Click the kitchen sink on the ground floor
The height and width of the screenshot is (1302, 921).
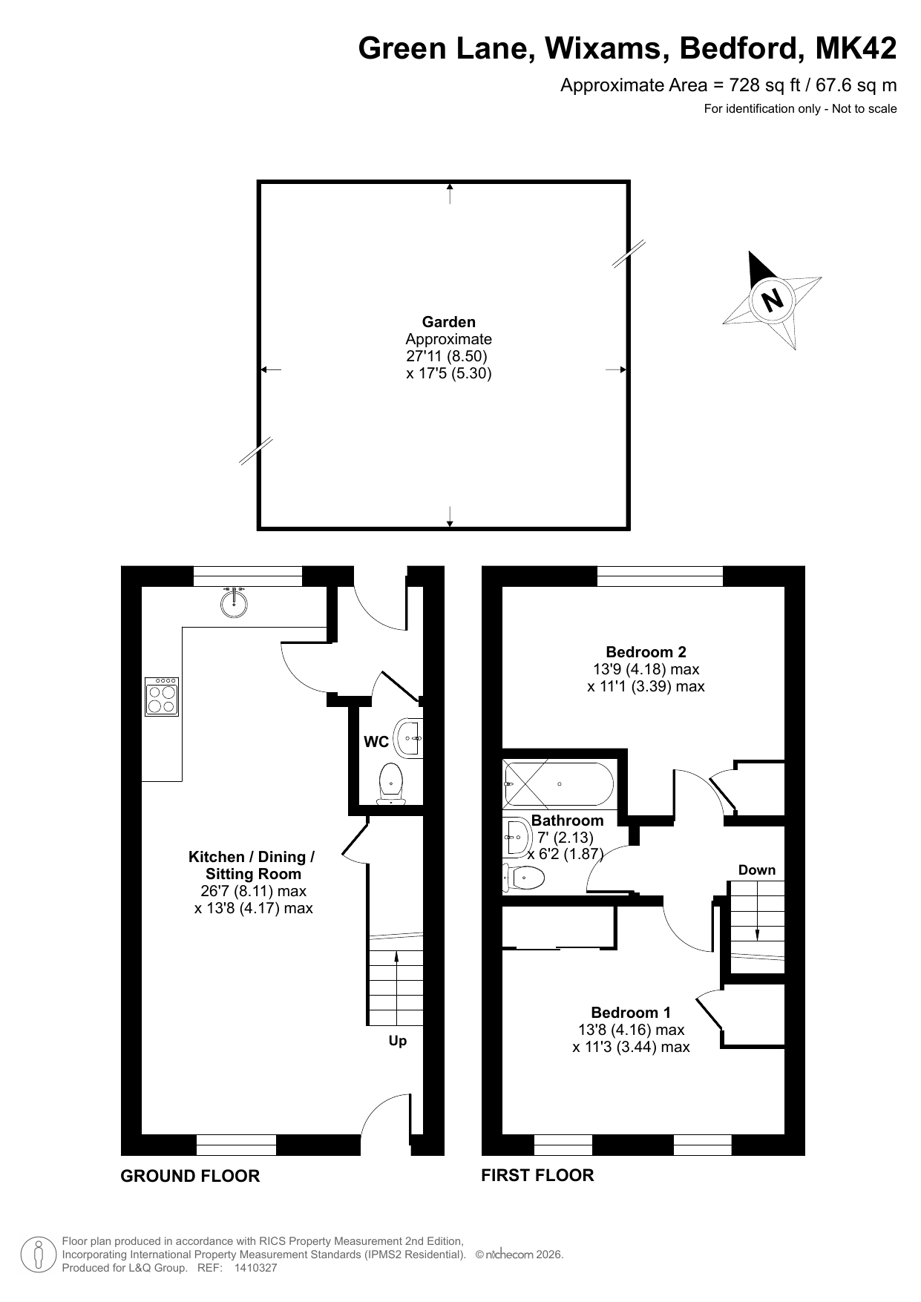234,602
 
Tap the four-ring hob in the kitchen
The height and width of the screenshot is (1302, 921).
162,697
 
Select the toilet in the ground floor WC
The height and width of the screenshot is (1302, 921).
391,783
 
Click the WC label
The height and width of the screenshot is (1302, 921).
376,741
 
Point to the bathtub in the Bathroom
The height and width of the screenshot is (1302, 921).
558,784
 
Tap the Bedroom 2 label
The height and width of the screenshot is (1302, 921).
646,652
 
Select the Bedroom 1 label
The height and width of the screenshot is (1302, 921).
631,1013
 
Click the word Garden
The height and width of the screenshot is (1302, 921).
449,322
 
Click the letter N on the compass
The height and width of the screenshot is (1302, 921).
773,300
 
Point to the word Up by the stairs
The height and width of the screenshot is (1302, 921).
398,1041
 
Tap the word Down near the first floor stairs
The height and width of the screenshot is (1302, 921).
757,870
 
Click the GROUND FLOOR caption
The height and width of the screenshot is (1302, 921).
190,1176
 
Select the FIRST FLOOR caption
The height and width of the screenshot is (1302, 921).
537,1175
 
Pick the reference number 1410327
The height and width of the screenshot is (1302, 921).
255,1268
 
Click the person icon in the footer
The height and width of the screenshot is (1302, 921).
39,1255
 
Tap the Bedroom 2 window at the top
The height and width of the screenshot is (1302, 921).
660,576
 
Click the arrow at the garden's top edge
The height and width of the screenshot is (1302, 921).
450,194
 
